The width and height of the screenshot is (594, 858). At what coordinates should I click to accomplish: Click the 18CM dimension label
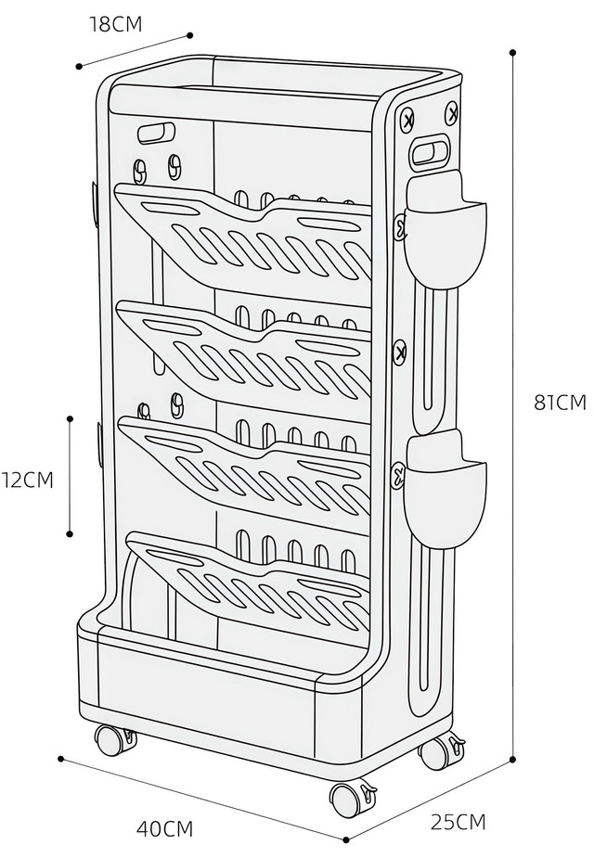pyautogui.click(x=115, y=25)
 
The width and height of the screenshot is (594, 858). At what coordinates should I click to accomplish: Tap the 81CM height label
pyautogui.click(x=560, y=403)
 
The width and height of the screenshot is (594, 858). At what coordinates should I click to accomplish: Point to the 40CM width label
pyautogui.click(x=165, y=829)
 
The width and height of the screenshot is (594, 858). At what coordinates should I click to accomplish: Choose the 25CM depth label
pyautogui.click(x=458, y=822)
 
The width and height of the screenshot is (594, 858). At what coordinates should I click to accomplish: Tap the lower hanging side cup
pyautogui.click(x=445, y=489)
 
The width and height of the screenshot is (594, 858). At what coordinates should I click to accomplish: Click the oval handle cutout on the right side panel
pyautogui.click(x=432, y=150)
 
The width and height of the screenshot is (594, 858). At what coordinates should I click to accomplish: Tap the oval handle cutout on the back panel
pyautogui.click(x=156, y=133)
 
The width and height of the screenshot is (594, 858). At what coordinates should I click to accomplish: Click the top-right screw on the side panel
pyautogui.click(x=452, y=112)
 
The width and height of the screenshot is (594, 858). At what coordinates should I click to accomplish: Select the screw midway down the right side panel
pyautogui.click(x=400, y=351)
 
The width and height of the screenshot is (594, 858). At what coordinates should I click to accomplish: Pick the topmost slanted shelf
pyautogui.click(x=243, y=232)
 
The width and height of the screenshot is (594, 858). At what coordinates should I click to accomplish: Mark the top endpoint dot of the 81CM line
pyautogui.click(x=513, y=53)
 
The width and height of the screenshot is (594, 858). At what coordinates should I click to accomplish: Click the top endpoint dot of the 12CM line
pyautogui.click(x=70, y=419)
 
